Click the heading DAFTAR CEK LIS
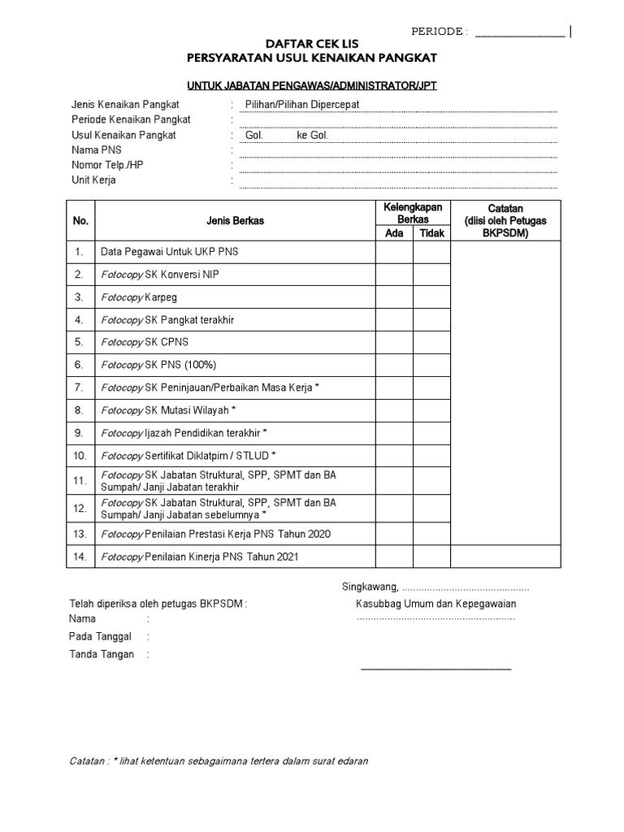(312, 43)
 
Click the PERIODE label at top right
(438, 32)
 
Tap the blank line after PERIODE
(519, 34)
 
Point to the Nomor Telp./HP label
(106, 165)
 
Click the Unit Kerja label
(93, 180)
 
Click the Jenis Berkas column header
(234, 220)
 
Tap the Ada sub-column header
(393, 233)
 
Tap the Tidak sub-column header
(432, 233)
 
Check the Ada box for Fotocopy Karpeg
(393, 297)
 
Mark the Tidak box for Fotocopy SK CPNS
(432, 343)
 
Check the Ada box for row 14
(393, 557)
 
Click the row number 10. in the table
(80, 455)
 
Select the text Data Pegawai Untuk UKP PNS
(168, 252)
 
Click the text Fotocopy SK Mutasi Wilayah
(167, 409)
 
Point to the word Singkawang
(368, 587)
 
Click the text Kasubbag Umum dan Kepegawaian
(435, 604)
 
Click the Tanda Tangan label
(102, 654)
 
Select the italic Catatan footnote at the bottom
(219, 761)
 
